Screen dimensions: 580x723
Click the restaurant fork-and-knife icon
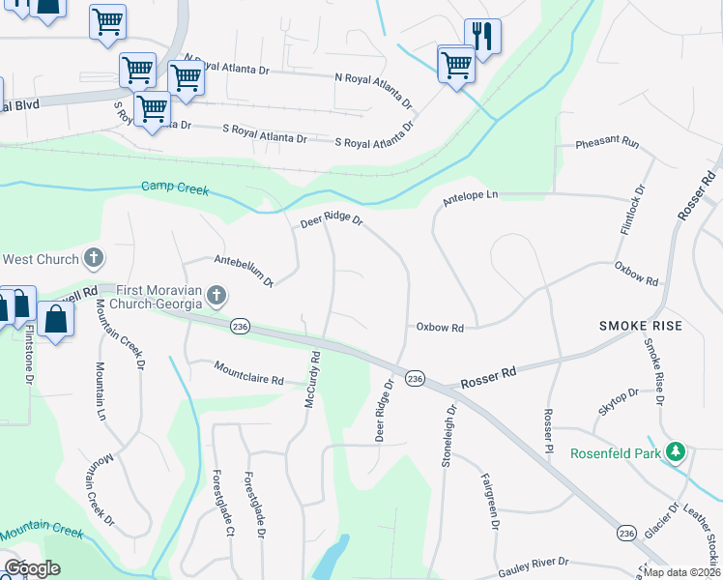(483, 36)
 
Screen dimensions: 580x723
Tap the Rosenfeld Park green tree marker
(679, 451)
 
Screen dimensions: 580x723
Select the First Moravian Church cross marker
(217, 295)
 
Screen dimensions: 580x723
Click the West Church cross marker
(94, 258)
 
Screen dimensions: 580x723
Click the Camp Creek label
(175, 188)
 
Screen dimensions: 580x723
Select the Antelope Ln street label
(470, 195)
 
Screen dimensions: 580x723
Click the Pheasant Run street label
(607, 143)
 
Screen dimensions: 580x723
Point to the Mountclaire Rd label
(249, 374)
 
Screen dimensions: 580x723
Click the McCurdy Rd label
(311, 380)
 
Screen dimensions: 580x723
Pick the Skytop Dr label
(619, 401)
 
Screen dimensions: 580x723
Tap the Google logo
(32, 568)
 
